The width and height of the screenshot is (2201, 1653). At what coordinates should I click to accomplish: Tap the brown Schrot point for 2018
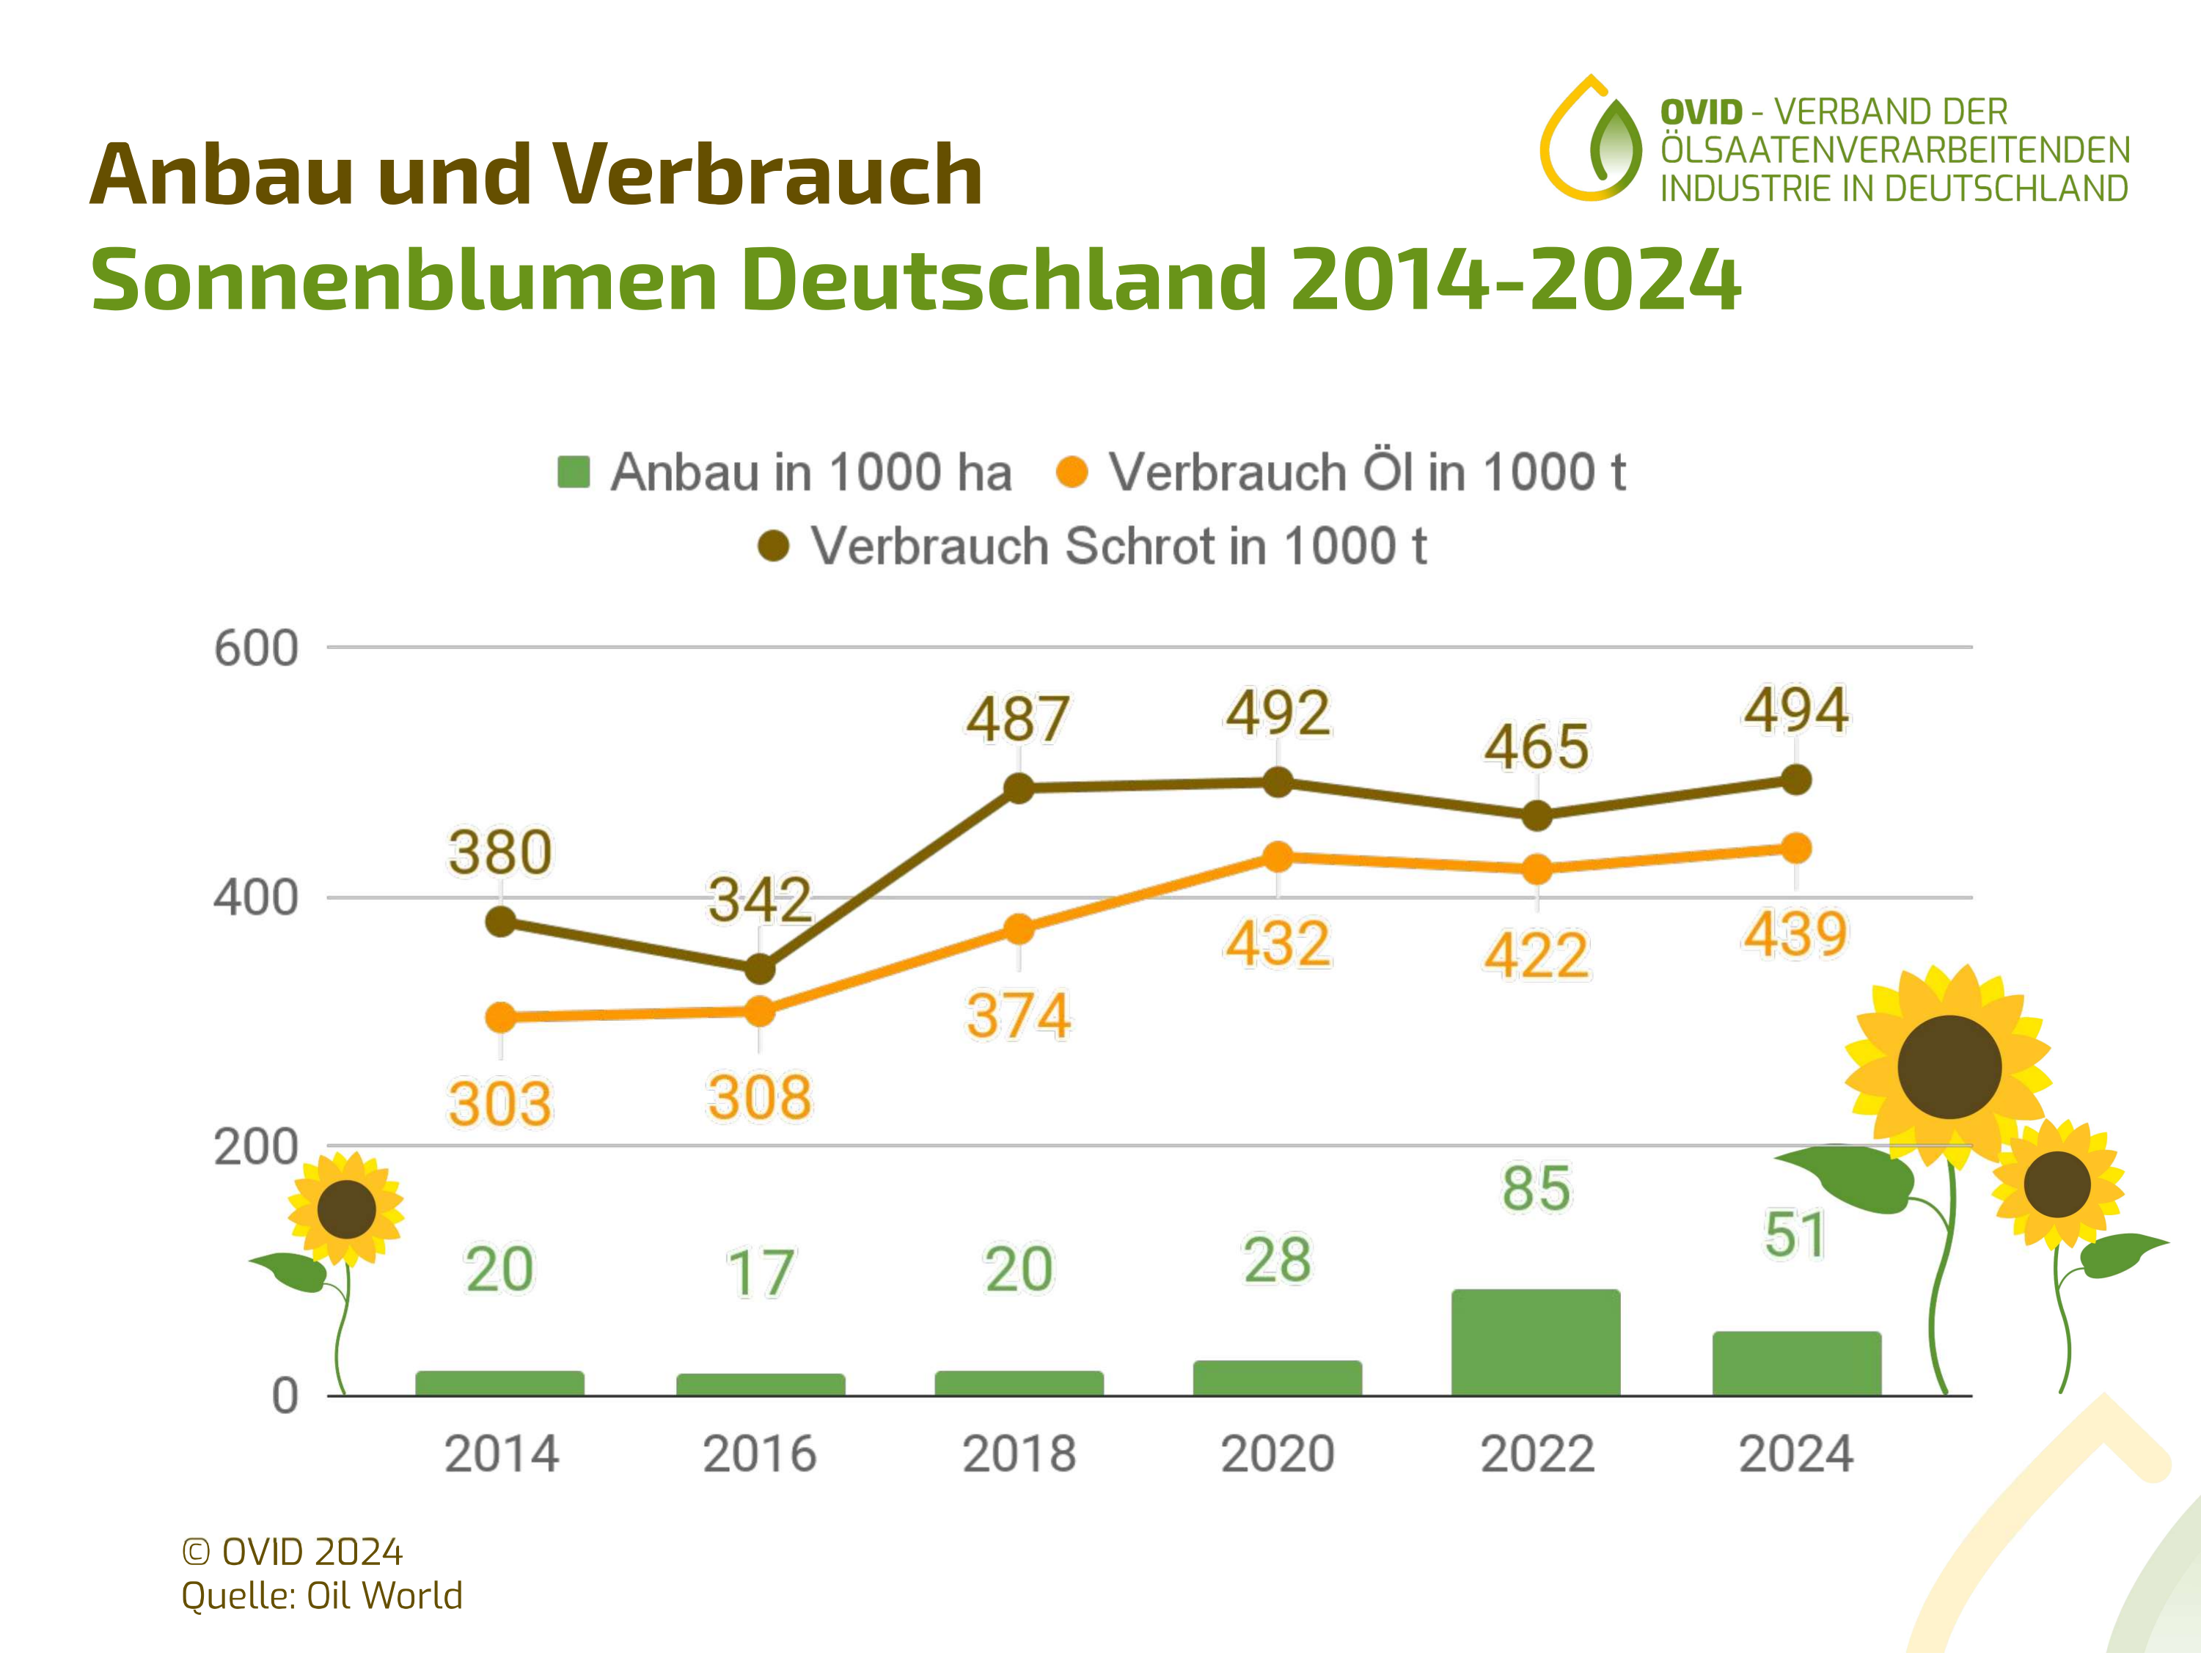click(x=1018, y=789)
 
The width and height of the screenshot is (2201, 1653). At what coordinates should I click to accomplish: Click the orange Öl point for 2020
click(x=1278, y=857)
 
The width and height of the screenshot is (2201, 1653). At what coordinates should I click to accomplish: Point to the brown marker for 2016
click(x=759, y=968)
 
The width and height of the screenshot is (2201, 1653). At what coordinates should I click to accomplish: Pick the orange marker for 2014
click(x=500, y=1017)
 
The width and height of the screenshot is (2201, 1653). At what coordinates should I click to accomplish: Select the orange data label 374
click(x=1018, y=1016)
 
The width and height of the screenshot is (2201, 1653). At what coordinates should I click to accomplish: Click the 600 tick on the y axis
click(x=256, y=649)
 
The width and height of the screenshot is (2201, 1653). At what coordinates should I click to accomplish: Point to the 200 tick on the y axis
click(x=256, y=1148)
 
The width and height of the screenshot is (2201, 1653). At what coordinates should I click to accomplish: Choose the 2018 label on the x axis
click(x=1019, y=1454)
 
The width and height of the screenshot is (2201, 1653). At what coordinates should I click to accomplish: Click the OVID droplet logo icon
click(x=1590, y=139)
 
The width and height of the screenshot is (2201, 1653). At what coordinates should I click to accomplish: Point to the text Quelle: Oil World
click(x=321, y=1595)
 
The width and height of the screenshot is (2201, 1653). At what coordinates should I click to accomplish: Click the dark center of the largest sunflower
click(x=1948, y=1067)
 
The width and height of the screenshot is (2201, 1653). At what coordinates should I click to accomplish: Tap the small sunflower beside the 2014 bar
click(x=346, y=1209)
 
